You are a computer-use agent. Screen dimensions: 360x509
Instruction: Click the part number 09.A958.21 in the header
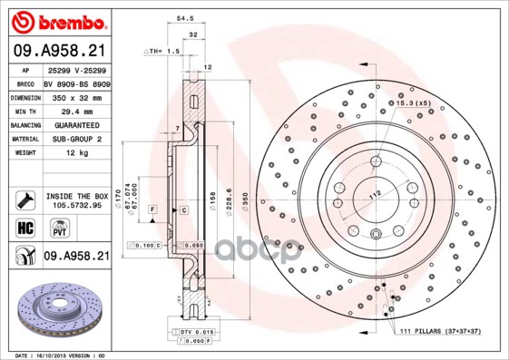pyautogui.click(x=59, y=50)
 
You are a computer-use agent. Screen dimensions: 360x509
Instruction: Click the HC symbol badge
pyautogui.click(x=22, y=227)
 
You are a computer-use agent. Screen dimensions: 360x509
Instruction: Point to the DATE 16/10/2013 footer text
pyautogui.click(x=60, y=355)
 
